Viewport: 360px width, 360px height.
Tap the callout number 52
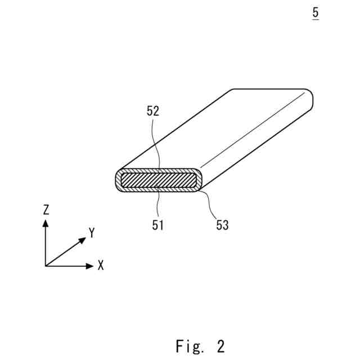[153, 111]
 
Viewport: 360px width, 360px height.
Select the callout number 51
[158, 225]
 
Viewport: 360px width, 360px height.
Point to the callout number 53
[222, 225]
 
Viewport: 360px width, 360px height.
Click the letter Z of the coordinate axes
[46, 210]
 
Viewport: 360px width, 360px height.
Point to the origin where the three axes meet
[46, 265]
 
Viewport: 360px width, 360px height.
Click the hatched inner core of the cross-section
[157, 181]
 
